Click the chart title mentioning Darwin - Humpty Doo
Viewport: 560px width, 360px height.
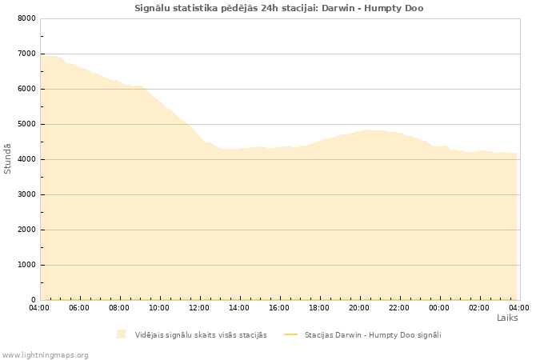[279, 8]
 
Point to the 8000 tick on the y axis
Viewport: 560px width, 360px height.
[26, 18]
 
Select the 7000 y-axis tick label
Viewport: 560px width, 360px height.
[26, 54]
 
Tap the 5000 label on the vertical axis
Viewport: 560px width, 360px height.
[26, 124]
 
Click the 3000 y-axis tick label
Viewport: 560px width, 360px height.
[26, 194]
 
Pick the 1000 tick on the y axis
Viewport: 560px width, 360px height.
[26, 265]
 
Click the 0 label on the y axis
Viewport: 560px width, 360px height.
[33, 300]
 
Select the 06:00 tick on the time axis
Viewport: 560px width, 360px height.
[79, 308]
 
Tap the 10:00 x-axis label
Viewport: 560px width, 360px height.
[159, 308]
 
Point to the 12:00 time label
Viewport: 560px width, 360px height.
[199, 308]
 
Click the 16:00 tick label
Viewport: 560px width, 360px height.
[279, 308]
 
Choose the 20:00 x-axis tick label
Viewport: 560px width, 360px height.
[359, 308]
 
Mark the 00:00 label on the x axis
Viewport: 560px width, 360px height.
[439, 308]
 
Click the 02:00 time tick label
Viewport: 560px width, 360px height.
[479, 308]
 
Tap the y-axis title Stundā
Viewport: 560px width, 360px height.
[8, 158]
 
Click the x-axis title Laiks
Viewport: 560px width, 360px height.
[507, 318]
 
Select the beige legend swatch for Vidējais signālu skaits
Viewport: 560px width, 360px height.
[121, 334]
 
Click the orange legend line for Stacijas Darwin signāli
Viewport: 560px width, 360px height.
[290, 334]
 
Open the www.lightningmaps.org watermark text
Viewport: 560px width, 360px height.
[46, 354]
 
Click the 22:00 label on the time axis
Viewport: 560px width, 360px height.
[399, 308]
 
